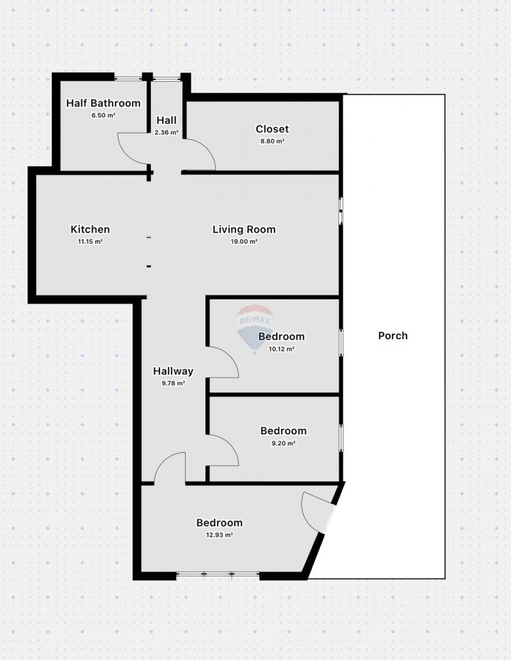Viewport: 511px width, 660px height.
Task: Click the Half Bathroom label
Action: pyautogui.click(x=103, y=103)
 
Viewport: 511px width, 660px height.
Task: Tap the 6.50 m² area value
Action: pyautogui.click(x=103, y=116)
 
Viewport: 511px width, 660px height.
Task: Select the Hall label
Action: pyautogui.click(x=166, y=120)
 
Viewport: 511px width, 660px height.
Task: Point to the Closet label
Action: pyautogui.click(x=273, y=129)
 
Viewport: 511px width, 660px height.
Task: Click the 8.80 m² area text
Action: pyautogui.click(x=273, y=141)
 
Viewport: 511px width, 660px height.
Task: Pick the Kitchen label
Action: pyautogui.click(x=90, y=229)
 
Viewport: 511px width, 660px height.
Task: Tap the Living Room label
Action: pyautogui.click(x=244, y=229)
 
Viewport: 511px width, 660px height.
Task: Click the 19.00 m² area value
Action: pyautogui.click(x=244, y=241)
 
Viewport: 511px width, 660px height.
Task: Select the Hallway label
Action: pyautogui.click(x=173, y=372)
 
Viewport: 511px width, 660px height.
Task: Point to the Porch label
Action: pyautogui.click(x=392, y=335)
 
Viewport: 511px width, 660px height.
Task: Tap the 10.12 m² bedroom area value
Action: pyautogui.click(x=282, y=349)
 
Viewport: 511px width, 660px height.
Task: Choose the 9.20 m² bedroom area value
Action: pyautogui.click(x=284, y=443)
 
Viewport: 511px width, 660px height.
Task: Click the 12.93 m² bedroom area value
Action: pyautogui.click(x=219, y=535)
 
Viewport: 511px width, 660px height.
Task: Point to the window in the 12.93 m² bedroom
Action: pyautogui.click(x=218, y=574)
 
